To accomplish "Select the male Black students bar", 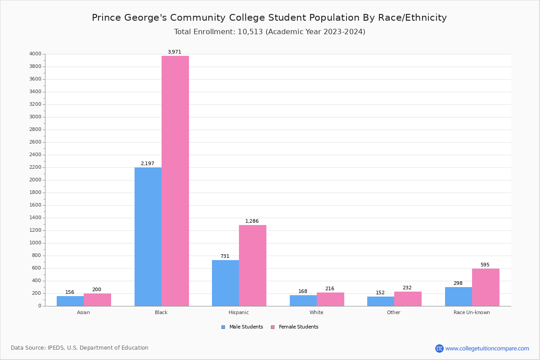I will click(x=148, y=237).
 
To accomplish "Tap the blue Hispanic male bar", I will click(x=225, y=283).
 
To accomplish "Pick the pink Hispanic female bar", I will click(x=252, y=265).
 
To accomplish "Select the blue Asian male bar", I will click(x=70, y=301).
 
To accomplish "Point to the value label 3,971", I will click(x=175, y=52).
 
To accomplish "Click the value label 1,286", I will click(x=252, y=221).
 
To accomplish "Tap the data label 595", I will click(x=485, y=265).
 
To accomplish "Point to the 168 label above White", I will click(x=303, y=292).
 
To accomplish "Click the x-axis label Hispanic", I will click(x=238, y=312).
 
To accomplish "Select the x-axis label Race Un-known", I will click(x=472, y=312).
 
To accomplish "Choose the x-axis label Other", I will click(x=393, y=312).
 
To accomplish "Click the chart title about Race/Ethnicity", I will click(x=269, y=18).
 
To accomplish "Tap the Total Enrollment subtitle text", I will click(x=270, y=32).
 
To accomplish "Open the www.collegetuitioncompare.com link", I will click(x=487, y=348).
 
